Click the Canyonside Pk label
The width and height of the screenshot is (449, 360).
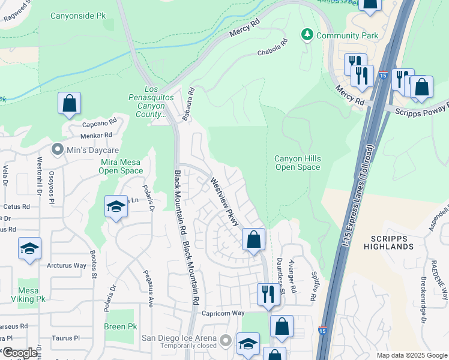[78, 16]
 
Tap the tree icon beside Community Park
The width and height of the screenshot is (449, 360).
[307, 35]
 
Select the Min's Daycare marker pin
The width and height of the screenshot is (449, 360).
[58, 148]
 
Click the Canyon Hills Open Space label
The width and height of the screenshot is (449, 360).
[298, 163]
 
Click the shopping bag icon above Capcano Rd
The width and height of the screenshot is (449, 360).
[70, 103]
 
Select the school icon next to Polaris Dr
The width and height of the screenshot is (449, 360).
[116, 207]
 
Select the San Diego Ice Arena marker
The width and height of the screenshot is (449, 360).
[226, 341]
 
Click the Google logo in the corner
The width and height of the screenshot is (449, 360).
[20, 353]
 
